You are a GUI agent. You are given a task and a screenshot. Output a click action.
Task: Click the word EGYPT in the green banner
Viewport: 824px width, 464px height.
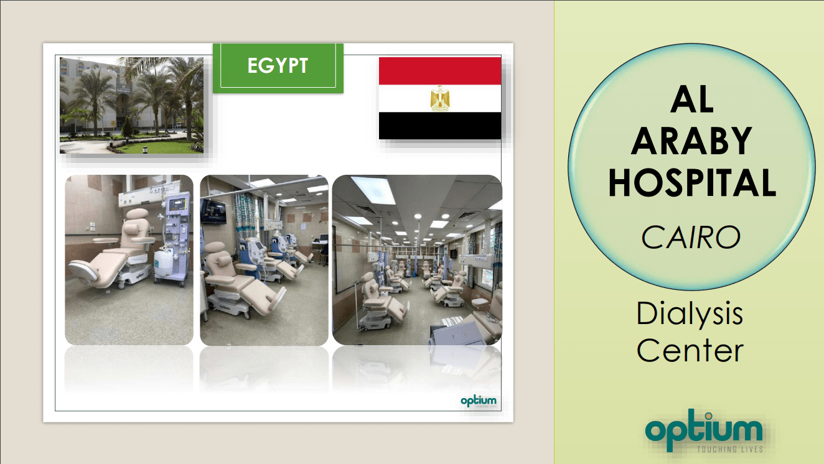(x=278, y=65)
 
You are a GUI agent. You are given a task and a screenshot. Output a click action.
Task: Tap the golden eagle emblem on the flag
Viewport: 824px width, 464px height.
(x=440, y=98)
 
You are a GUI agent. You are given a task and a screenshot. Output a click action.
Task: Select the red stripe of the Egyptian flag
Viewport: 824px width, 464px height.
(x=440, y=71)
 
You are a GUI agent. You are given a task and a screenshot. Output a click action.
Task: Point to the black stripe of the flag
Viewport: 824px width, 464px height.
(x=440, y=126)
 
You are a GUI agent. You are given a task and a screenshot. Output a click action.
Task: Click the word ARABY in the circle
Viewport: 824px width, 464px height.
(x=691, y=141)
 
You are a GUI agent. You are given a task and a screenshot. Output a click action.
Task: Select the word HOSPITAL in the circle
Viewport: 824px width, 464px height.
(x=692, y=183)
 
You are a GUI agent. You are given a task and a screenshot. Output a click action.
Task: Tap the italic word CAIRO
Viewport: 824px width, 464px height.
(x=691, y=238)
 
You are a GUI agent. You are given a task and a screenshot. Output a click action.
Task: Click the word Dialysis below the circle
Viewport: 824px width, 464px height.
(x=690, y=314)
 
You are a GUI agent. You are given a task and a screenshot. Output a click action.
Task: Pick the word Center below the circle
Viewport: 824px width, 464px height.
(x=690, y=350)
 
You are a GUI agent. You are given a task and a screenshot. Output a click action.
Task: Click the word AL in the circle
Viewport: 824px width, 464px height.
(x=692, y=100)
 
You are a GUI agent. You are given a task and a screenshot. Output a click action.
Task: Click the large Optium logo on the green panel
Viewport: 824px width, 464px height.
(x=704, y=430)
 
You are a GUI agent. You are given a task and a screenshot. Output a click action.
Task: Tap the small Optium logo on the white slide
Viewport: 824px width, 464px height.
(x=479, y=401)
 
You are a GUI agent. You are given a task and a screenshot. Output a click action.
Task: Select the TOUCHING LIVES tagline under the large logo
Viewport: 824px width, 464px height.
(x=730, y=449)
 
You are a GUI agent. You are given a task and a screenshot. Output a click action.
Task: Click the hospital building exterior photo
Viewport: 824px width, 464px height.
(x=132, y=105)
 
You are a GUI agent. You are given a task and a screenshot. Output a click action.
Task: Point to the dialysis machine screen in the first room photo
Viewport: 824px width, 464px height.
(x=177, y=205)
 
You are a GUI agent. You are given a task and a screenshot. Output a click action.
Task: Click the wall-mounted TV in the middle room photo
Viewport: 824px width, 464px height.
(x=213, y=211)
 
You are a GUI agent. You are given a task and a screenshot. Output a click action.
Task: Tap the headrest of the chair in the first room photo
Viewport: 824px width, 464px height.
(x=137, y=213)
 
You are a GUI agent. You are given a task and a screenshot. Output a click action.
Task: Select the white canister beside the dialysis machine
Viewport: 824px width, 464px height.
(x=163, y=263)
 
